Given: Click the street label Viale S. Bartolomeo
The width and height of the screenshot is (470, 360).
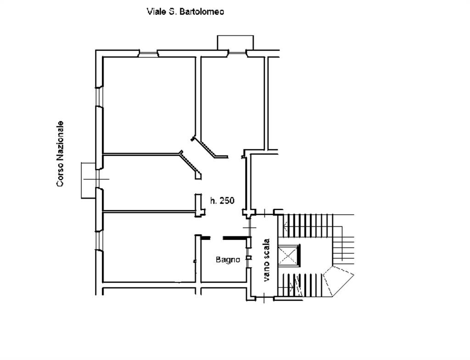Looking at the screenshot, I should click(185, 11).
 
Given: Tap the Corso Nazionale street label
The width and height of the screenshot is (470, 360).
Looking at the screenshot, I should click(60, 154).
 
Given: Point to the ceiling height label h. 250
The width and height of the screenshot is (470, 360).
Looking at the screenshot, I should click(222, 200).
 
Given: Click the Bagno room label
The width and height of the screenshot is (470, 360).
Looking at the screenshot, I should click(228, 259).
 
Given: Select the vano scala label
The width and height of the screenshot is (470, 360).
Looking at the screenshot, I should click(267, 260).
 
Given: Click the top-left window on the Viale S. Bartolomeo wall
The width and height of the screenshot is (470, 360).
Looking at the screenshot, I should click(148, 54).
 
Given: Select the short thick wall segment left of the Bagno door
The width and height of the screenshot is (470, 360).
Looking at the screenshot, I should click(206, 238).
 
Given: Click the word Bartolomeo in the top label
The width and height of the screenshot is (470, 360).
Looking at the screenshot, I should click(202, 11).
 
